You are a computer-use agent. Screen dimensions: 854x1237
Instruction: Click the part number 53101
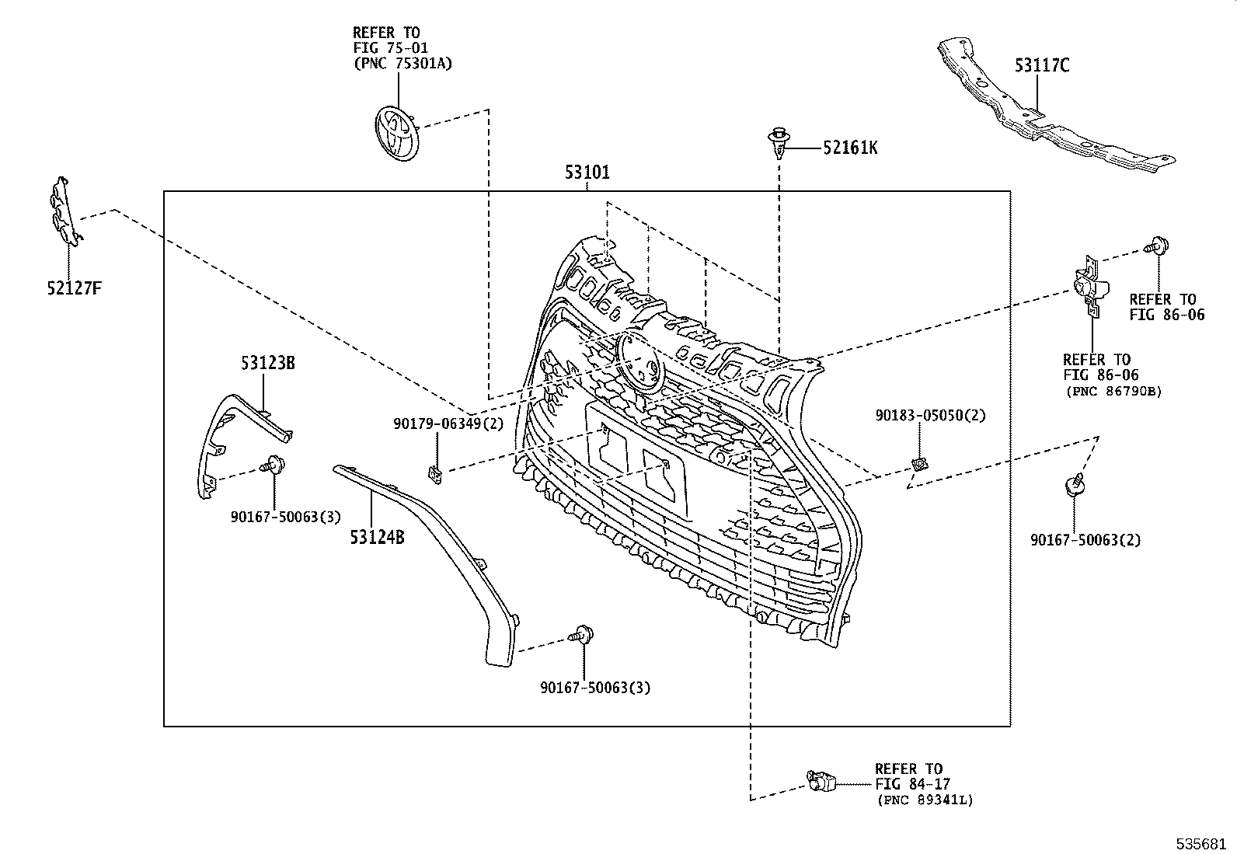click(587, 173)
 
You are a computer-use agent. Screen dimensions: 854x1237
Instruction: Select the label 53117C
click(1041, 65)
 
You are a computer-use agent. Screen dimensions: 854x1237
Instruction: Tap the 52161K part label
click(850, 148)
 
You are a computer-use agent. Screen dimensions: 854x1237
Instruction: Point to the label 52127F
click(74, 289)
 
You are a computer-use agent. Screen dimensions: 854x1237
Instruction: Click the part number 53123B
click(267, 363)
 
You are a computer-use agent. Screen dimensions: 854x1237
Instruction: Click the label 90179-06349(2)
click(448, 424)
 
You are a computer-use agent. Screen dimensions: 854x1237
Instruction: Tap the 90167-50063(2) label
click(1085, 539)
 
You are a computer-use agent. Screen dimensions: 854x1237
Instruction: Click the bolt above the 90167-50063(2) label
click(1074, 486)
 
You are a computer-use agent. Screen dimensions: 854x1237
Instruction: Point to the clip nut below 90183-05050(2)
click(920, 465)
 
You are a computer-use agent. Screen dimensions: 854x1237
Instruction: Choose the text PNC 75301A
click(402, 63)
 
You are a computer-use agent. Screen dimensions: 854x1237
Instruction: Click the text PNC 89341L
click(925, 800)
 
